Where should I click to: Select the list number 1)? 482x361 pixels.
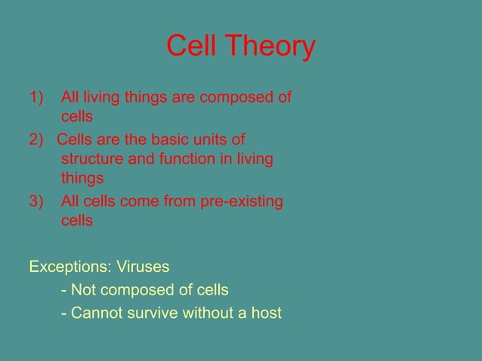37,97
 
